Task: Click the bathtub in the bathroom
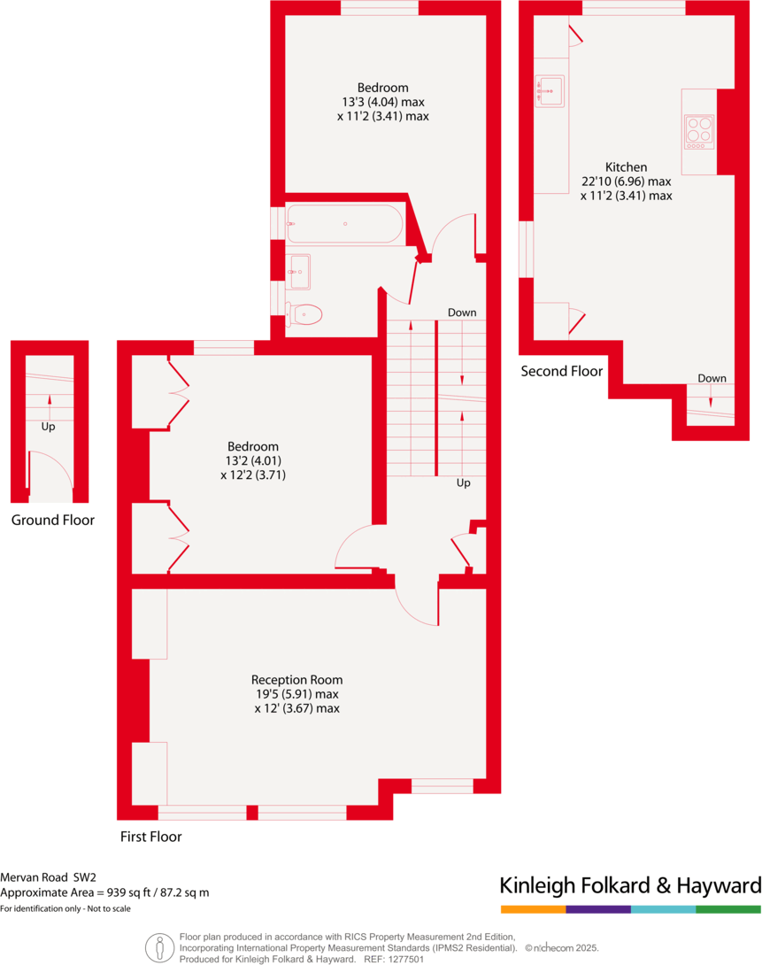(x=344, y=224)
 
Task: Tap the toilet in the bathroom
(x=305, y=314)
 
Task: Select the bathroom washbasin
(x=299, y=271)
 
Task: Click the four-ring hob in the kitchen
(x=698, y=132)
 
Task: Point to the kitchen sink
(x=550, y=90)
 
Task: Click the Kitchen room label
(x=626, y=166)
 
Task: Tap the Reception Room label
(x=296, y=680)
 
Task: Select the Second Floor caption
(x=561, y=371)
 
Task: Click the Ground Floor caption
(x=52, y=520)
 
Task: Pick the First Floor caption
(x=150, y=836)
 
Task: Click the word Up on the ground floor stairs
(x=48, y=426)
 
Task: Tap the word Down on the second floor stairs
(x=712, y=378)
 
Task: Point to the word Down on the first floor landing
(x=462, y=313)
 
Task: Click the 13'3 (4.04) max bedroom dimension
(x=382, y=102)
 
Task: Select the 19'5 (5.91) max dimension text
(x=296, y=694)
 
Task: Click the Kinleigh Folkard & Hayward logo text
(x=630, y=885)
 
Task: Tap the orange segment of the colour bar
(x=533, y=909)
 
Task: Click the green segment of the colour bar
(x=728, y=909)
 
